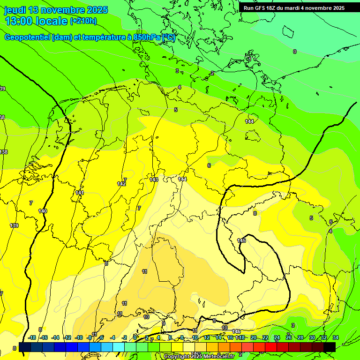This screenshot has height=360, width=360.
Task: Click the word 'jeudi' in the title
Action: coord(15,10)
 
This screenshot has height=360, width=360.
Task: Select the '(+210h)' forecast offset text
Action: coord(83,21)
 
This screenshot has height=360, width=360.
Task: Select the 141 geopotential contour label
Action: coord(80,193)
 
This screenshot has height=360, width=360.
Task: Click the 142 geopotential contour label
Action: coord(121,184)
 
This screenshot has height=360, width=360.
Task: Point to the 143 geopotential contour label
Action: coord(154,180)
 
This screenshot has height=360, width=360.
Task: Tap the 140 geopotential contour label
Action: coord(43,211)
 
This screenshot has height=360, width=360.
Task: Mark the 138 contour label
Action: coord(3,152)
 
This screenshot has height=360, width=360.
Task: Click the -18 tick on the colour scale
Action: coord(32,337)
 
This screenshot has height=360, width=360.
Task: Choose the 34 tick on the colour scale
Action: coord(335,337)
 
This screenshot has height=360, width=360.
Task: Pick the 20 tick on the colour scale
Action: coord(254,337)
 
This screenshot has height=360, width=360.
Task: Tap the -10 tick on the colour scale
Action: coord(79,337)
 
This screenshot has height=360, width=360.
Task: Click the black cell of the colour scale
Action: coord(330,347)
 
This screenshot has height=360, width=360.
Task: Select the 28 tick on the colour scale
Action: coord(300,337)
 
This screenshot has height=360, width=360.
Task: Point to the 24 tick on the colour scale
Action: coord(277,337)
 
